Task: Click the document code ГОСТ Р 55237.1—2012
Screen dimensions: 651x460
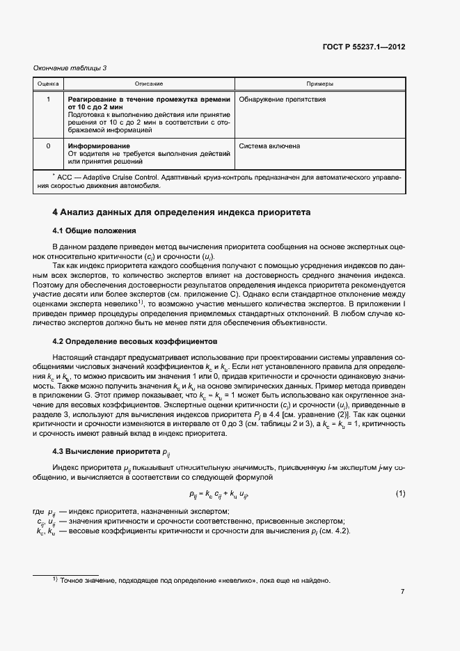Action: pos(373,48)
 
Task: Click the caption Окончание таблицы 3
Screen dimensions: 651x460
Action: pos(70,68)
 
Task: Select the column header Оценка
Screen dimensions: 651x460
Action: pos(48,84)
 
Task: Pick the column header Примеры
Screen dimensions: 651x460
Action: pos(319,84)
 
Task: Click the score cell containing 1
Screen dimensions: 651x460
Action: pos(48,100)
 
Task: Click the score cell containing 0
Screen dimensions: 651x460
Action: pos(48,147)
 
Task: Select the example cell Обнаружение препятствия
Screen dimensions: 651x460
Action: pos(282,100)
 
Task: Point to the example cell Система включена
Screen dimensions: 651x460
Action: pos(269,147)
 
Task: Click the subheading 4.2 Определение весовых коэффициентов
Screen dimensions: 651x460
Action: pos(135,342)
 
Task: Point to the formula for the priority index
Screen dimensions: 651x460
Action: pos(219,494)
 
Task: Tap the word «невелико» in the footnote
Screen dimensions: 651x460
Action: pos(220,581)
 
